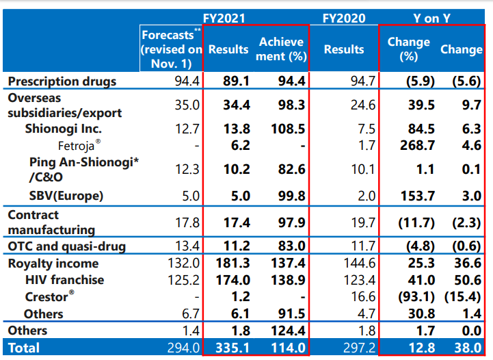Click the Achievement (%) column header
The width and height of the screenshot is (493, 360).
(282, 49)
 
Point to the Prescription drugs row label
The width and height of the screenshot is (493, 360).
(62, 81)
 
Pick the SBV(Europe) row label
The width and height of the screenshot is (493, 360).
(66, 196)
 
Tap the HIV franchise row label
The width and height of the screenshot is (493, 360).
(64, 280)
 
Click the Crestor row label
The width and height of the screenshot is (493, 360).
(49, 297)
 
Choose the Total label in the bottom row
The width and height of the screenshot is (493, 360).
(24, 348)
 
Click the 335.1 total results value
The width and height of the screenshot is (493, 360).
(229, 348)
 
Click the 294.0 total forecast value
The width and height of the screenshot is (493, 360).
(183, 348)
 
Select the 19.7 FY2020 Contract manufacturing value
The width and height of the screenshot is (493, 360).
(362, 221)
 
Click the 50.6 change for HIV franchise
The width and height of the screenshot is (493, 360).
(467, 280)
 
